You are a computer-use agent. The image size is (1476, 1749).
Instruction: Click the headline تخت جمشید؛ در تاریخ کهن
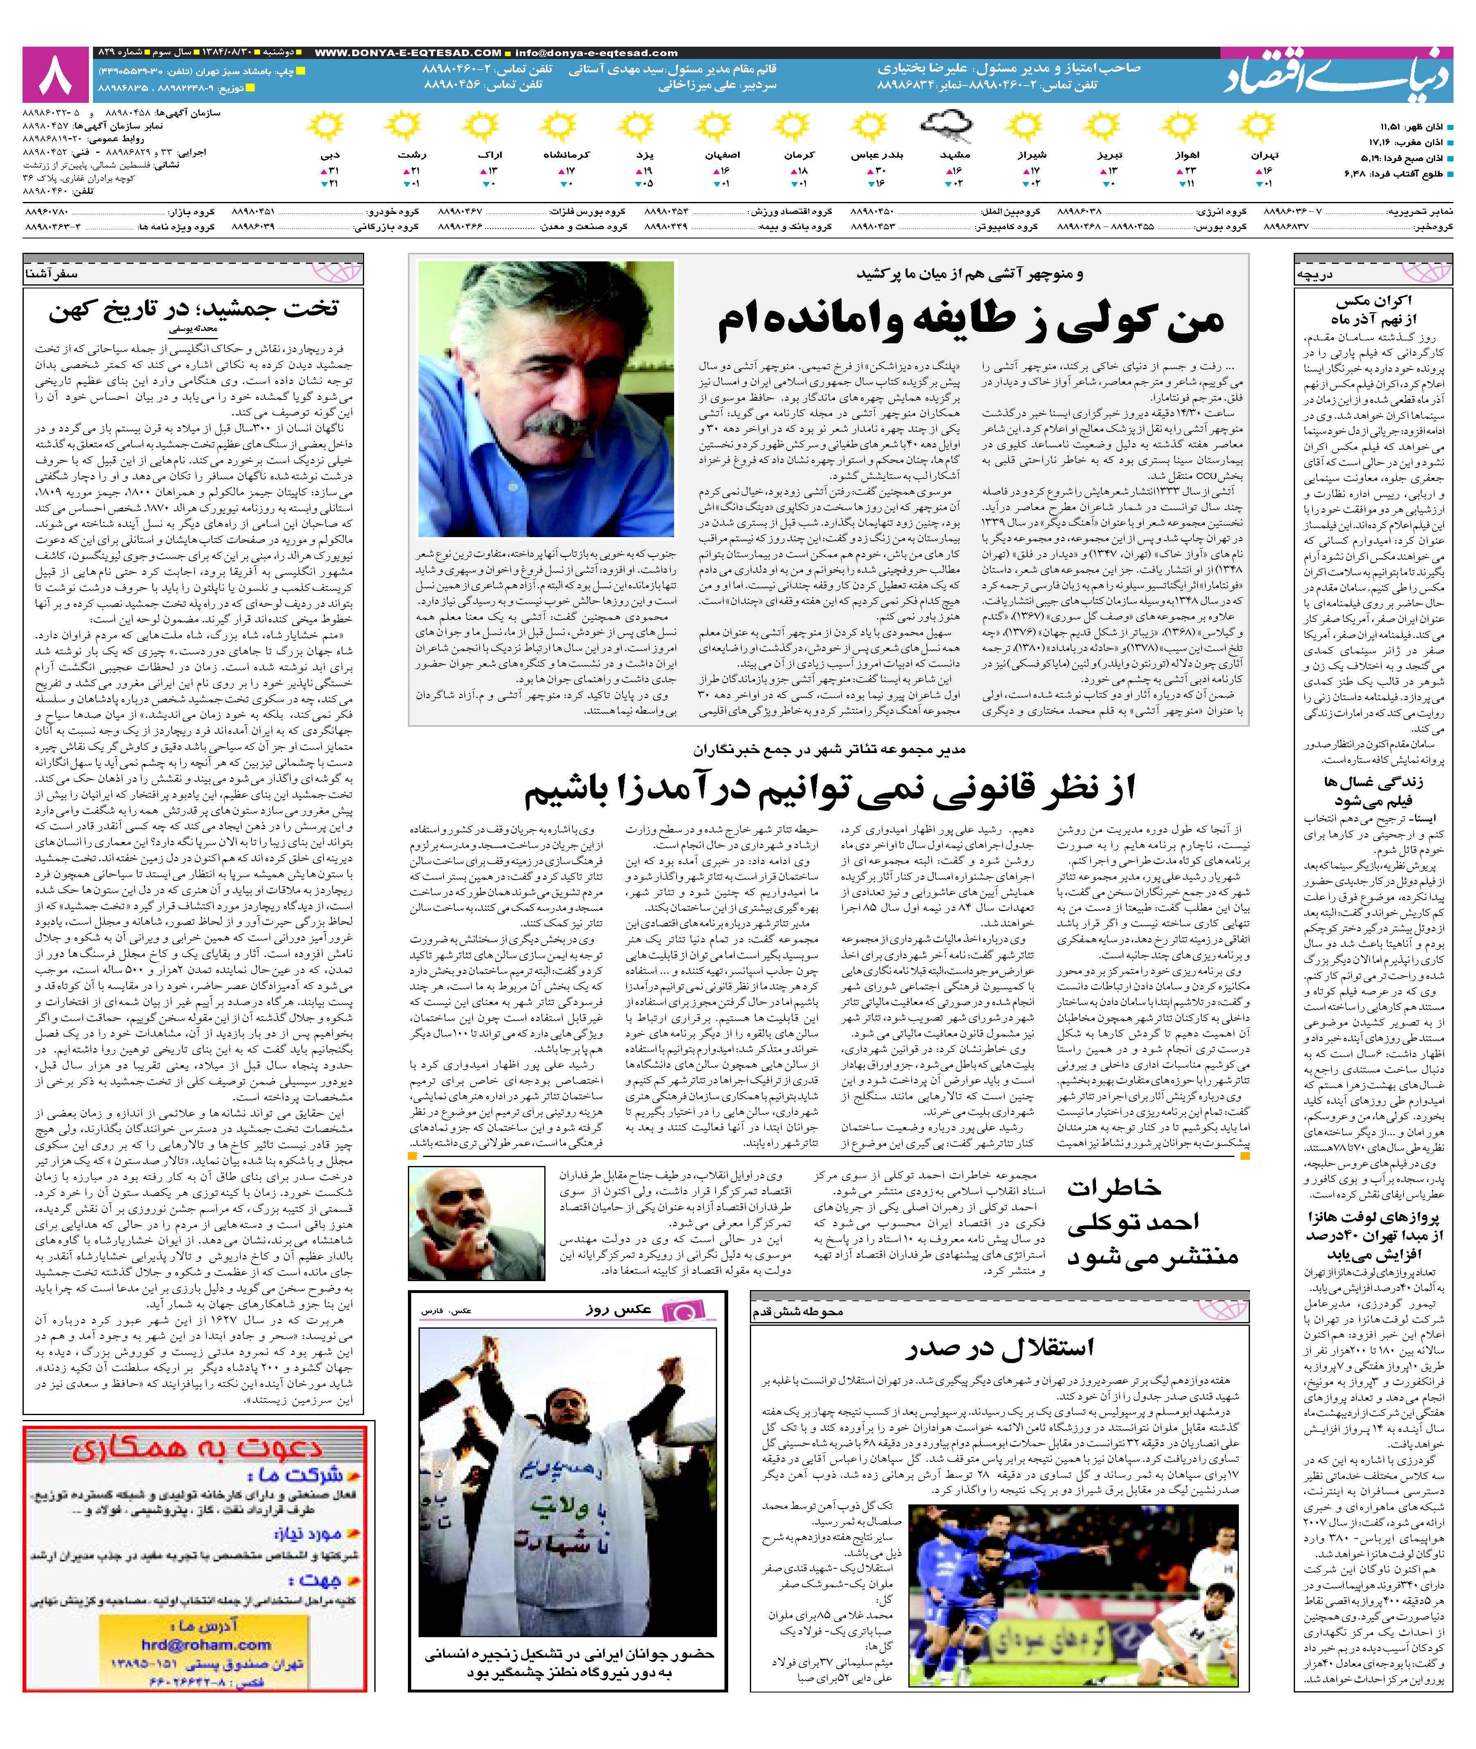[x=194, y=310]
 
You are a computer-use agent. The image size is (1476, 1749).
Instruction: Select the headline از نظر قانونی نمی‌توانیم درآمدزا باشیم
[x=829, y=790]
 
